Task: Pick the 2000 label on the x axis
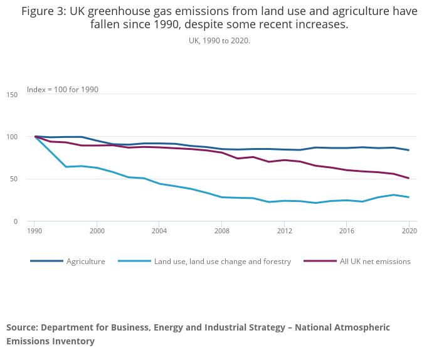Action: coord(97,231)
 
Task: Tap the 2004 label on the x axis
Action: coord(159,231)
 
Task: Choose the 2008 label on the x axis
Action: coord(221,231)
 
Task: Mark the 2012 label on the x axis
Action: coord(284,231)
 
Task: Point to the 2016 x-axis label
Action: coord(346,231)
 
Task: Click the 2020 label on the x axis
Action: coord(409,231)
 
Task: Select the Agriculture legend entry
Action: coord(86,261)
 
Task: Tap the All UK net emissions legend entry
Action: coord(375,261)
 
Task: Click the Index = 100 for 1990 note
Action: coord(63,90)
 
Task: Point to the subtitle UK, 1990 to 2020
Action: coord(219,40)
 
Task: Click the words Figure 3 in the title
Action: coord(43,11)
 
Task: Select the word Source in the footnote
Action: coord(23,327)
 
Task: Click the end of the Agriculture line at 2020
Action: coord(409,150)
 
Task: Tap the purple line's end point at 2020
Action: coord(409,178)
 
